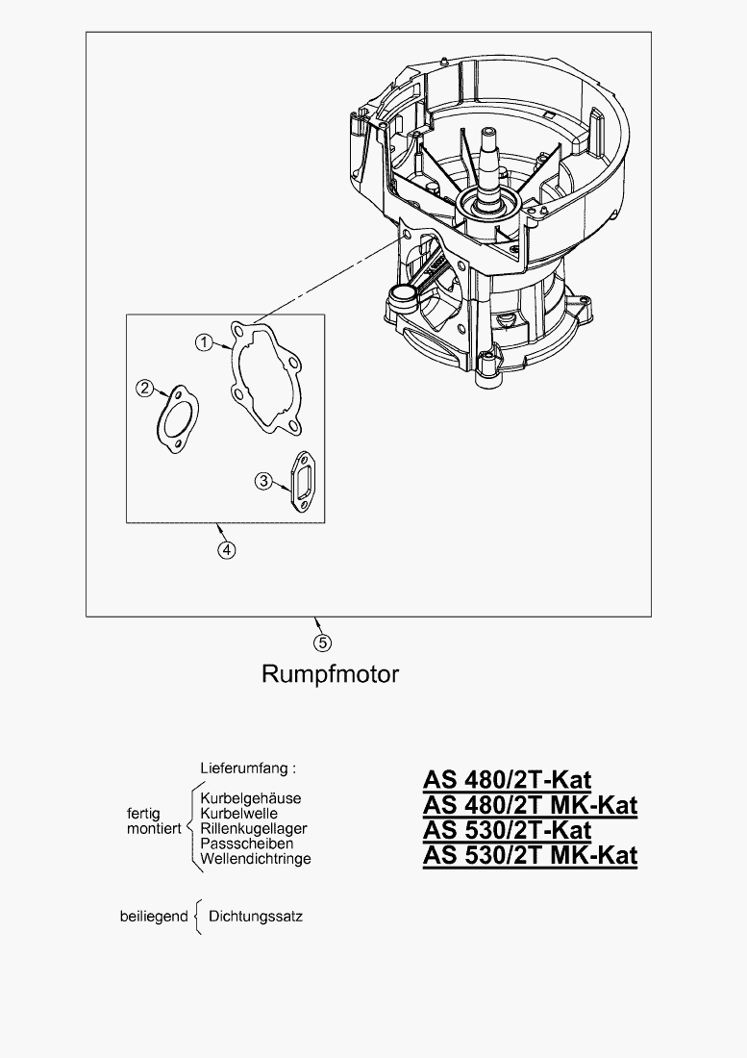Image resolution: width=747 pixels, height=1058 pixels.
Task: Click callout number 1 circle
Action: (x=204, y=342)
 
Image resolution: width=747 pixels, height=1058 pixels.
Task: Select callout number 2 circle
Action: (x=145, y=388)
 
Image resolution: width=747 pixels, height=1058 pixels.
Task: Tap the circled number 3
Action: (x=263, y=481)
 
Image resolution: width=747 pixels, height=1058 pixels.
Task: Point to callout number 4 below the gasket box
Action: (x=226, y=549)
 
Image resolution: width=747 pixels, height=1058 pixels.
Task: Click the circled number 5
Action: (x=323, y=642)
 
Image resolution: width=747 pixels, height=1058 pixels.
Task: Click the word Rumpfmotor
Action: (x=330, y=673)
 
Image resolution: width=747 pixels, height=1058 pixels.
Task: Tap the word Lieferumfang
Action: (x=247, y=768)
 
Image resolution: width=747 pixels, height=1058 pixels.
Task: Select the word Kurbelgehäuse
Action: (x=251, y=798)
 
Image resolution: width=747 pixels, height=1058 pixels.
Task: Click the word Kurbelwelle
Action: (x=239, y=814)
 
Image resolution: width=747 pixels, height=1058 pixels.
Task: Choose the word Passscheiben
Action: (x=246, y=844)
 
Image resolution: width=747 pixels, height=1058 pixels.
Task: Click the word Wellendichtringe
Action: (x=256, y=858)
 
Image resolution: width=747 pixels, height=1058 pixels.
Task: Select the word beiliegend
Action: (x=153, y=917)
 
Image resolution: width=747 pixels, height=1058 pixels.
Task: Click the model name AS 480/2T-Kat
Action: (x=507, y=779)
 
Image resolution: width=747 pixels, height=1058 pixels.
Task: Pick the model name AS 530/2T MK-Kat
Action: (x=530, y=855)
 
